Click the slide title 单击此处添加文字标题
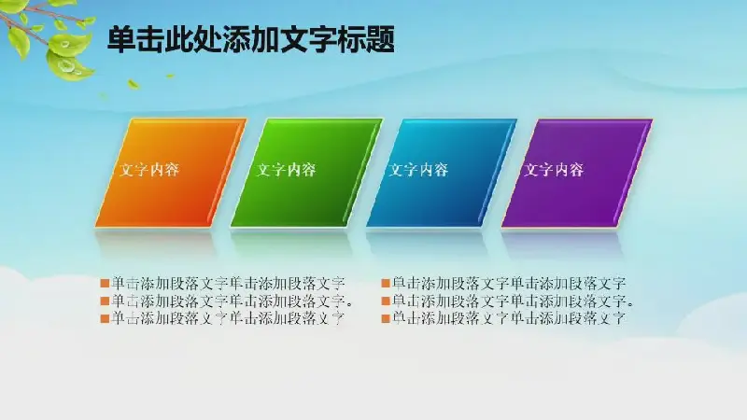point(251,39)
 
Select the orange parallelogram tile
point(172,173)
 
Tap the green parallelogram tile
point(307,173)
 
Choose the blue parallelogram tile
point(442,173)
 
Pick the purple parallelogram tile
point(577,173)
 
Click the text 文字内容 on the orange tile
point(149,170)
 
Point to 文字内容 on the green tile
point(286,170)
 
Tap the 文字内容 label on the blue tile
point(418,170)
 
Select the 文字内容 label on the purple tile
point(554,170)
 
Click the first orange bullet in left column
point(105,284)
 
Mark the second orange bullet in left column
point(105,301)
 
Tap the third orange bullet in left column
point(105,318)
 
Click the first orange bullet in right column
point(386,284)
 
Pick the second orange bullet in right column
point(386,301)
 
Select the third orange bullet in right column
point(386,318)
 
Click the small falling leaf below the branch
point(134,85)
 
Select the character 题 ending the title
point(380,39)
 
